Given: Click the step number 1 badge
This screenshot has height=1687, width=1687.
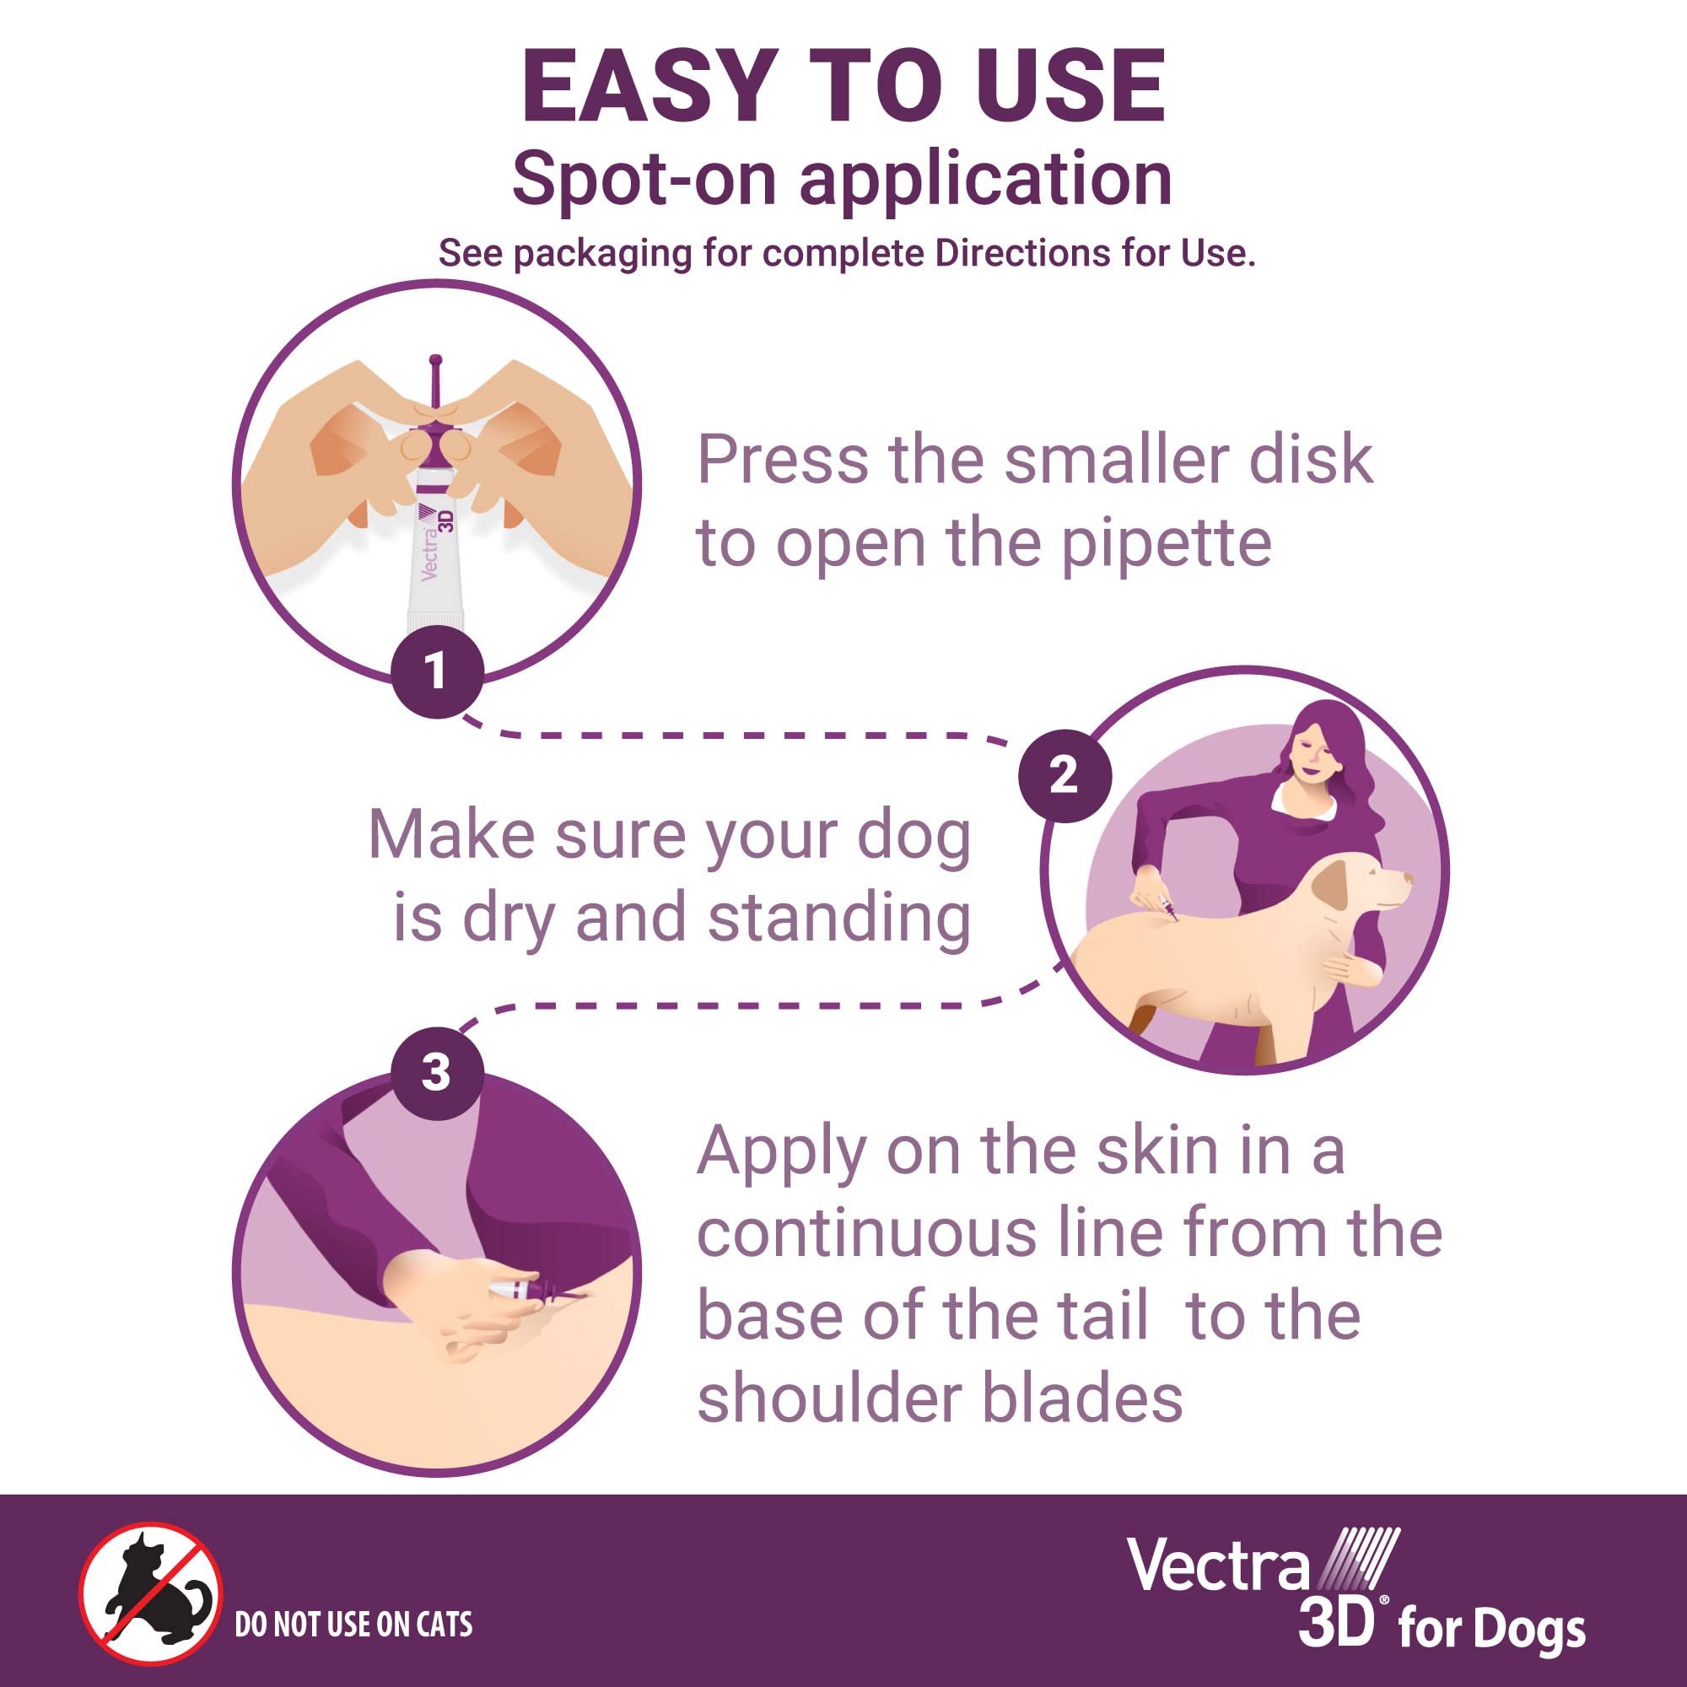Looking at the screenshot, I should pyautogui.click(x=437, y=672).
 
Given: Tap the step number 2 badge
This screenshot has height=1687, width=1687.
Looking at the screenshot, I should pyautogui.click(x=1064, y=775).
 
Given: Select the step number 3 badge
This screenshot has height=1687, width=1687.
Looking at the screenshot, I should pyautogui.click(x=437, y=1073).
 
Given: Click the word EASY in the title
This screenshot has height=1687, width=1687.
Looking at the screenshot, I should pyautogui.click(x=649, y=88).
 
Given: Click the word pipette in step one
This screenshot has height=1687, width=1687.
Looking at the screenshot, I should pyautogui.click(x=1166, y=546).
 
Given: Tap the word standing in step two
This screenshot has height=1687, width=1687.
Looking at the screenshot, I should pyautogui.click(x=838, y=919).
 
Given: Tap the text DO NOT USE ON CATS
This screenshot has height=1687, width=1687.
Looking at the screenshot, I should pyautogui.click(x=353, y=1624).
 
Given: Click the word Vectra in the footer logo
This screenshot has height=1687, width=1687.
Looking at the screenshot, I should pyautogui.click(x=1218, y=1566).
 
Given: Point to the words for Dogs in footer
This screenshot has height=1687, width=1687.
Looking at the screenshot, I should pyautogui.click(x=1491, y=1630).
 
